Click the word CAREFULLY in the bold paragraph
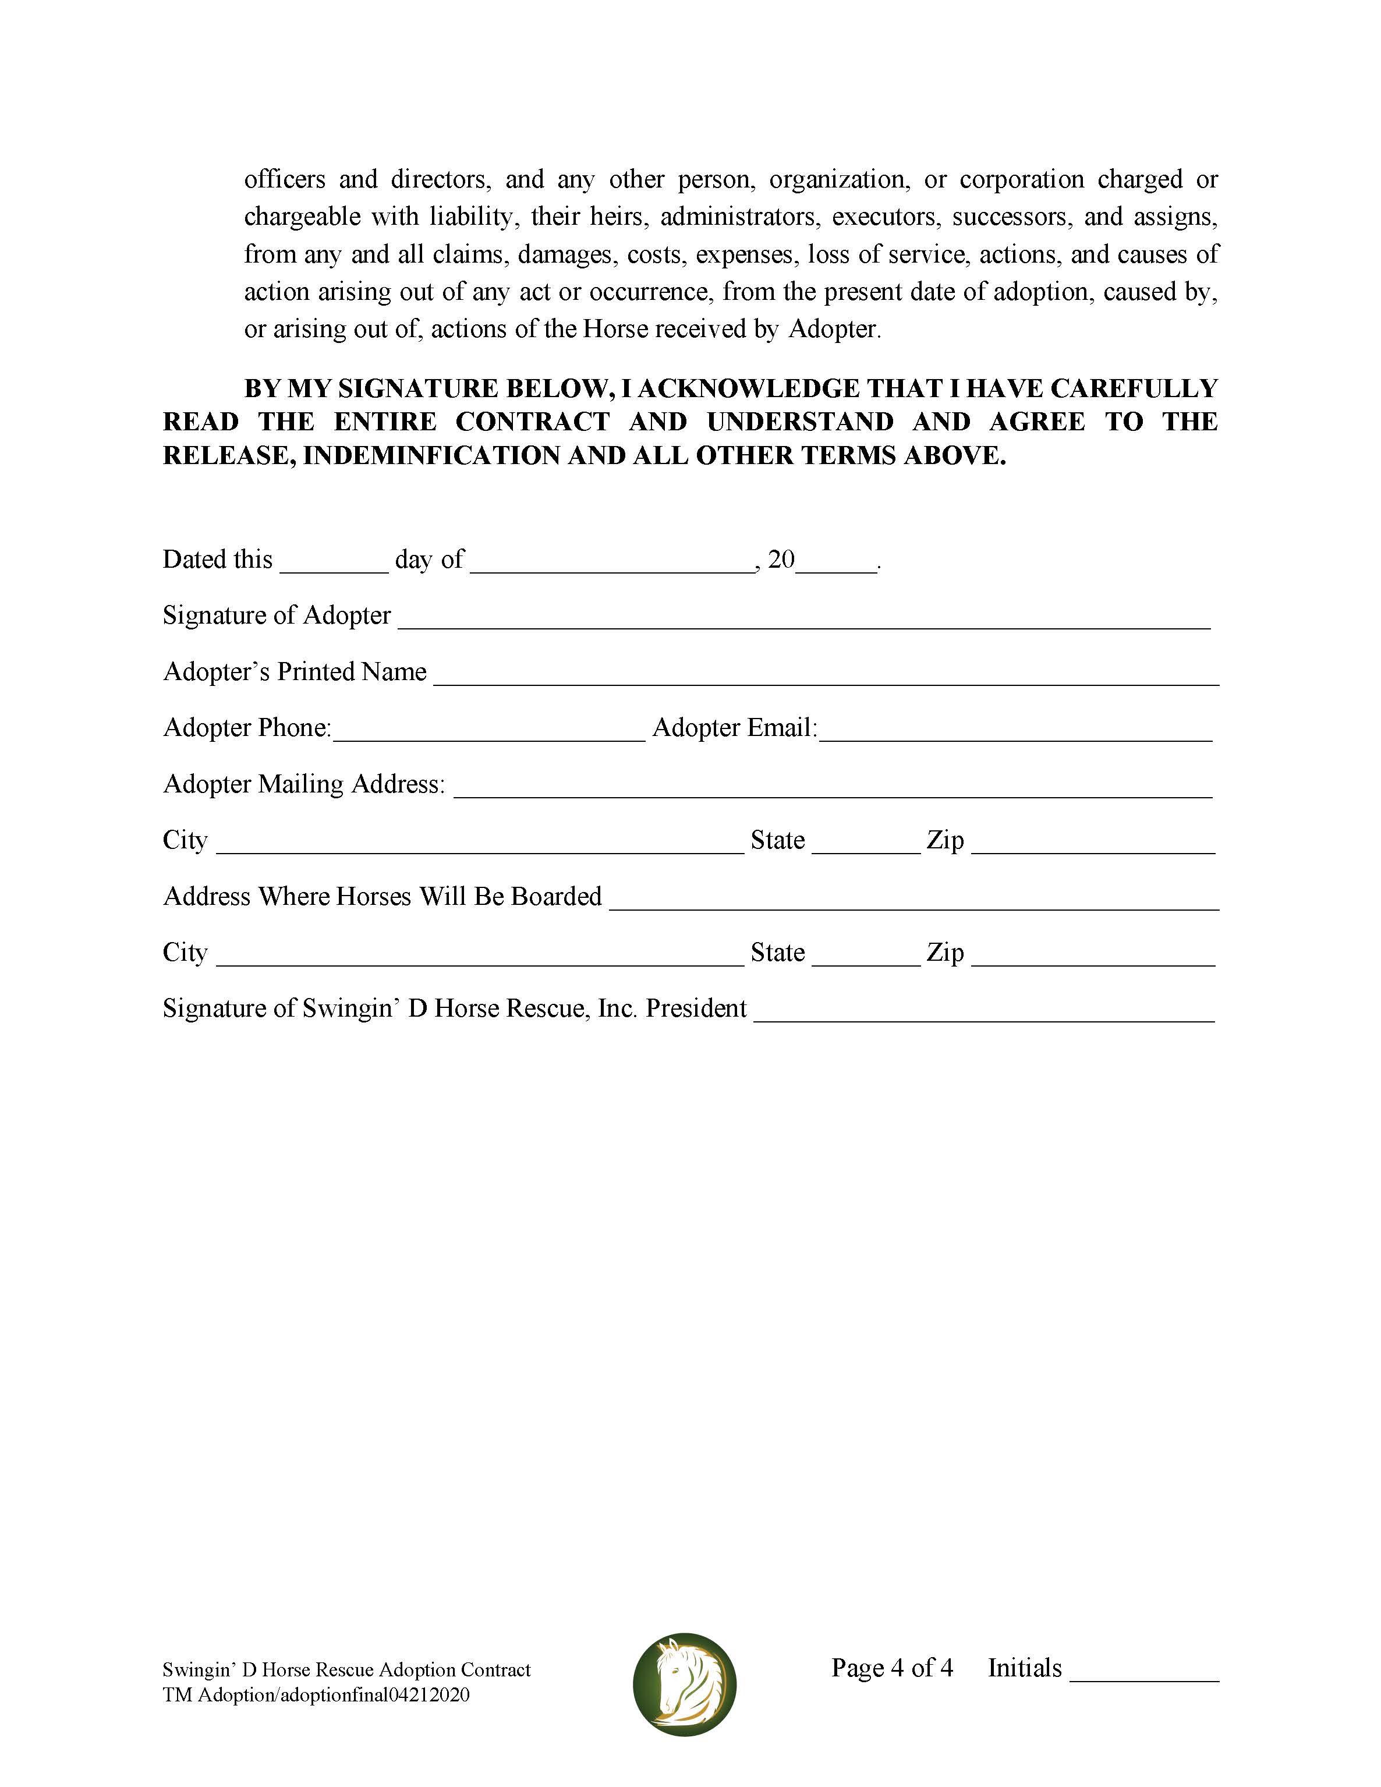pyautogui.click(x=1134, y=388)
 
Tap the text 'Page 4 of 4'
pyautogui.click(x=892, y=1668)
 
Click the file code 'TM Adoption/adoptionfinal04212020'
pyautogui.click(x=316, y=1694)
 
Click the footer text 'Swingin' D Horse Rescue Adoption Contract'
pyautogui.click(x=346, y=1670)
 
